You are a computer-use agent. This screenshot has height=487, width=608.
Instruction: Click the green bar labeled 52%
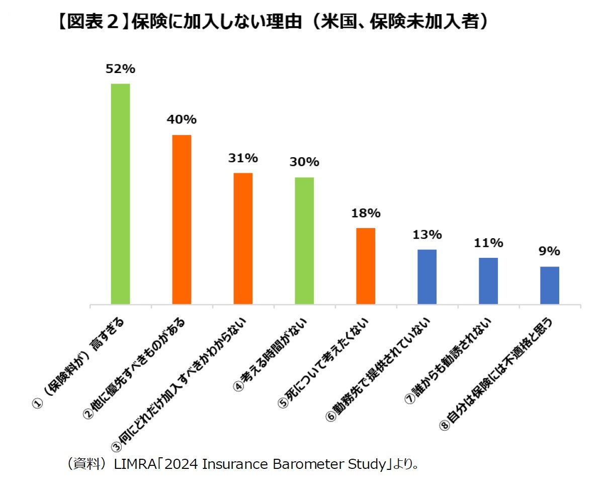120,194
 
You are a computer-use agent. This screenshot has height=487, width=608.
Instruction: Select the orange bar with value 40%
182,220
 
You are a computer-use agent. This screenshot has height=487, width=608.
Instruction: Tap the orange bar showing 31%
243,238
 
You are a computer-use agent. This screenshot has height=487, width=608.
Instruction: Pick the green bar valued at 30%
304,241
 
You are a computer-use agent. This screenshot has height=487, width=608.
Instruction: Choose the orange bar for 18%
366,266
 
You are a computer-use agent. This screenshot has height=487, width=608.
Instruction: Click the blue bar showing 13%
427,276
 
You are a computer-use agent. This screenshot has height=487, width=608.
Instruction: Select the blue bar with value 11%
488,281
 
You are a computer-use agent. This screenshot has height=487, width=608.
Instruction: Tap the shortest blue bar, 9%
550,285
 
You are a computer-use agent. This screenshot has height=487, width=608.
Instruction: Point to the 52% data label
120,68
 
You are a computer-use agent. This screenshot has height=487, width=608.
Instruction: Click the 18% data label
366,213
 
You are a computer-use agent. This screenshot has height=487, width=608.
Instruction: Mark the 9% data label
550,251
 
